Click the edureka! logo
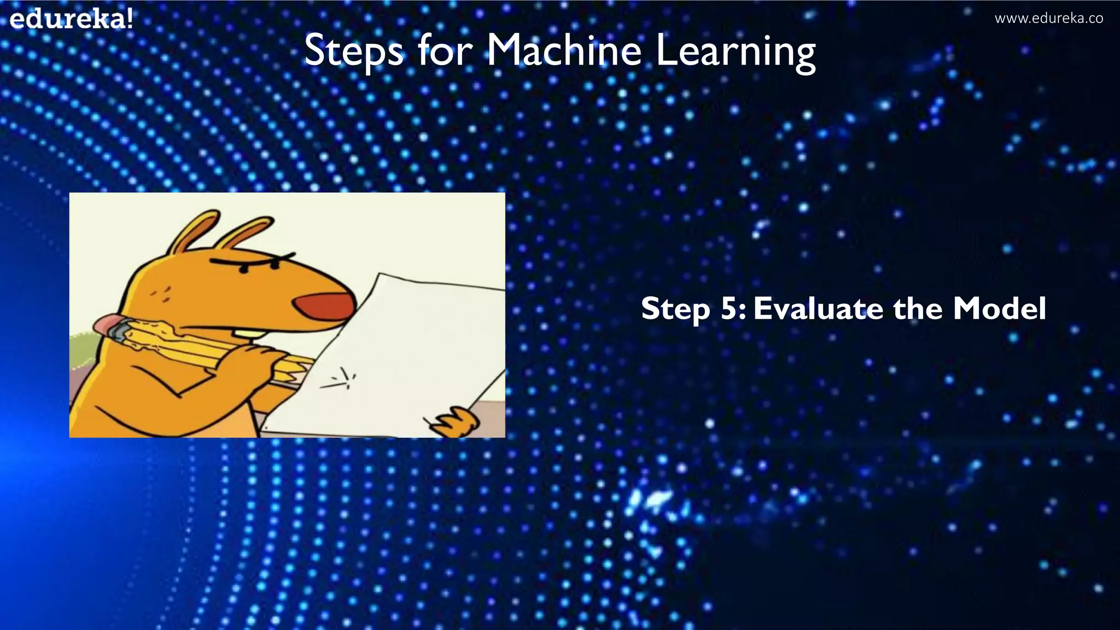click(x=71, y=20)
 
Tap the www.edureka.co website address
click(x=1048, y=19)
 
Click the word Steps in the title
click(x=353, y=51)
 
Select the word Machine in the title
click(x=563, y=50)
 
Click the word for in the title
click(x=445, y=50)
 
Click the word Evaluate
click(x=819, y=308)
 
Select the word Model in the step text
click(x=999, y=308)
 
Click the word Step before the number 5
click(x=675, y=310)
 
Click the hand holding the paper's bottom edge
click(x=457, y=422)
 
